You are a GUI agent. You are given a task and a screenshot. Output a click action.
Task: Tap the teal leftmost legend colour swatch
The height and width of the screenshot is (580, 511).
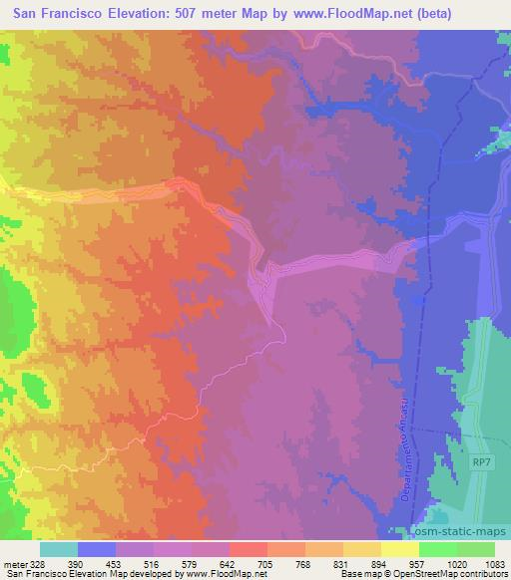tap(58, 550)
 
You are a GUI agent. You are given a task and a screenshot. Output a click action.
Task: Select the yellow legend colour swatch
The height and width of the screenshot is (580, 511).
tap(399, 550)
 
